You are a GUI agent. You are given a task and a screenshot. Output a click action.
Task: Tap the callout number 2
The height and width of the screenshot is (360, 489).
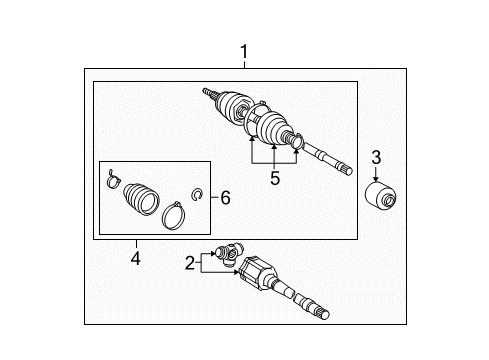[190, 264]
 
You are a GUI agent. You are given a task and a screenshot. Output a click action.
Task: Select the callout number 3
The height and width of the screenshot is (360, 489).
[376, 156]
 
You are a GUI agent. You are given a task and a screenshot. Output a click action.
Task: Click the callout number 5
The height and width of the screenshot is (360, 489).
[274, 179]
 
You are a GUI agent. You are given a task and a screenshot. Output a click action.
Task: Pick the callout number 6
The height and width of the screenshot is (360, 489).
[225, 199]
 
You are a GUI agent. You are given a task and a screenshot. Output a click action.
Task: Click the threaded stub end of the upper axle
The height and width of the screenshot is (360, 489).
[209, 93]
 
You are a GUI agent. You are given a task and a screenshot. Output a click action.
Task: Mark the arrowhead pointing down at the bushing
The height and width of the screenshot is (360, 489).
[376, 176]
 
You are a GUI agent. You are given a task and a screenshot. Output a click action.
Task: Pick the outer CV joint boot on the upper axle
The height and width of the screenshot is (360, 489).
[237, 105]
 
